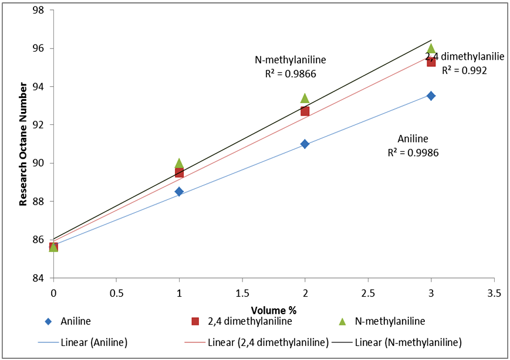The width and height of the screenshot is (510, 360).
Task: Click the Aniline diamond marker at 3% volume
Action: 431,96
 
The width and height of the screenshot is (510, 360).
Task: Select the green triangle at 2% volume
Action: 305,98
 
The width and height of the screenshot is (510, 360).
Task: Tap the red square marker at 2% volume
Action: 305,111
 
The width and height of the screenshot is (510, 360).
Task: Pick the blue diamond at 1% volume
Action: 179,192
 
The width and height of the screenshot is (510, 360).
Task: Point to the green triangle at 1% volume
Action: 179,163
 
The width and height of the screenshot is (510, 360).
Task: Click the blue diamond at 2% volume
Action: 305,144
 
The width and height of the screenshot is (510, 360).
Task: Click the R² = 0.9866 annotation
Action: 290,74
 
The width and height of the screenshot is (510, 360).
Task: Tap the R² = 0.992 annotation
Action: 464,70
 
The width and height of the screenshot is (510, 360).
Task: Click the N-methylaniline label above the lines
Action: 290,60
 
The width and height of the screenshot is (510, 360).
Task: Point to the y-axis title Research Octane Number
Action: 23,144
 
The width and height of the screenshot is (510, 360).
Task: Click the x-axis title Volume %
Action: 273,309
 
